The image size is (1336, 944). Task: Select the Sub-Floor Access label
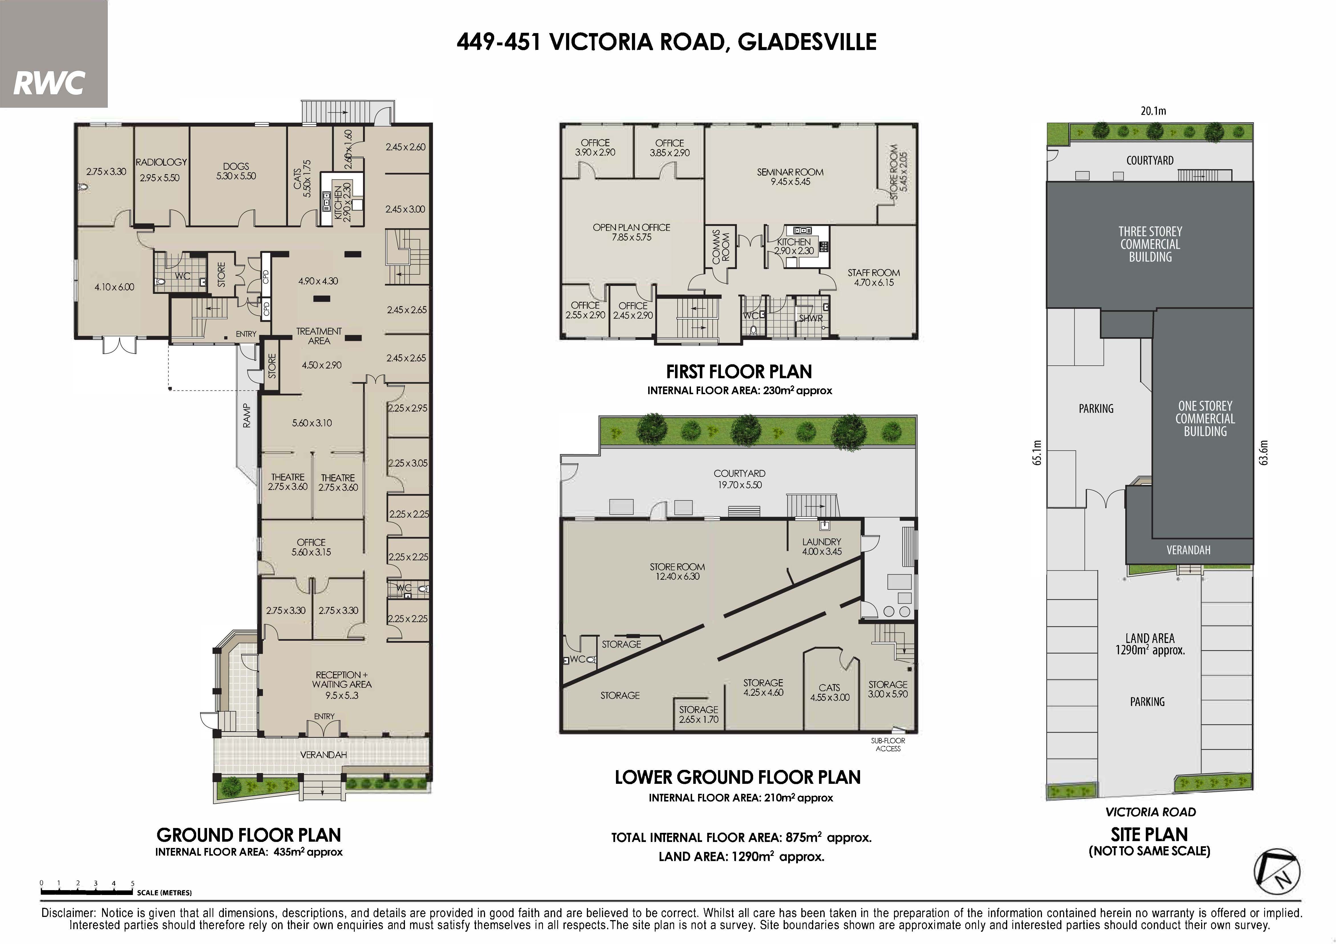pos(888,744)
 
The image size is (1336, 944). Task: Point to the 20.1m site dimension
pos(1153,111)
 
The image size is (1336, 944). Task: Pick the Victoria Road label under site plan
pos(1150,812)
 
